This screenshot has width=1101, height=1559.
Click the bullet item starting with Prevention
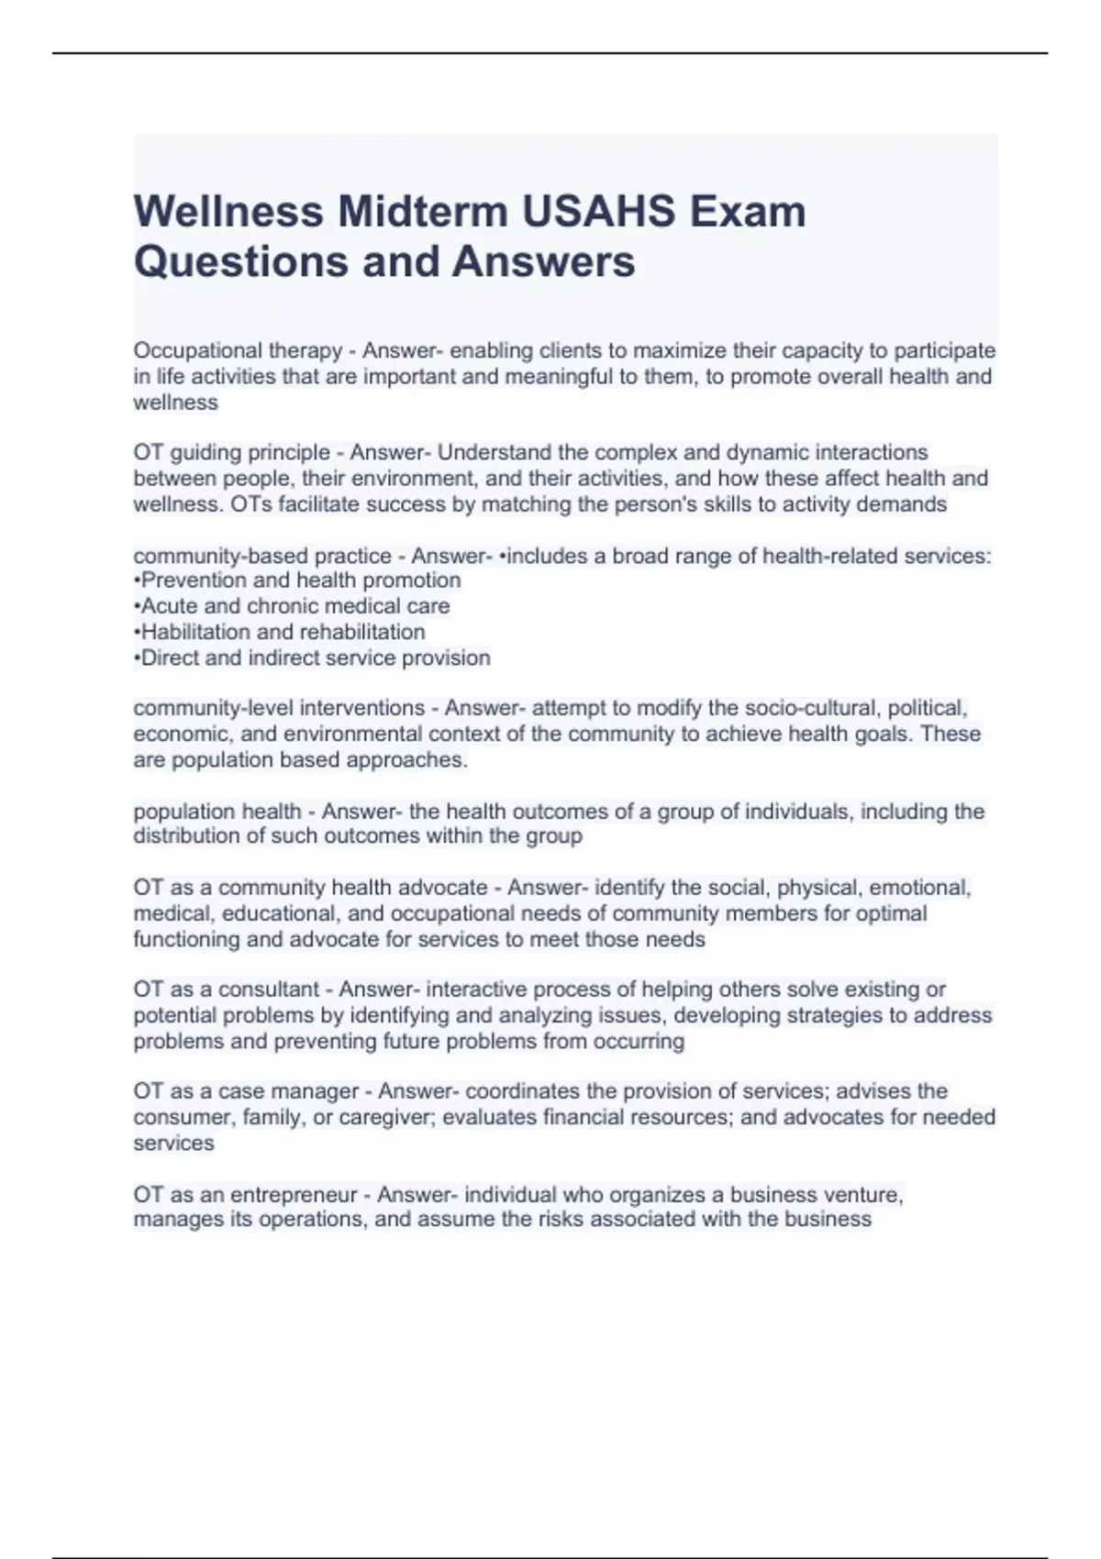pos(297,580)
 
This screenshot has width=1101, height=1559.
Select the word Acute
pos(168,606)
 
